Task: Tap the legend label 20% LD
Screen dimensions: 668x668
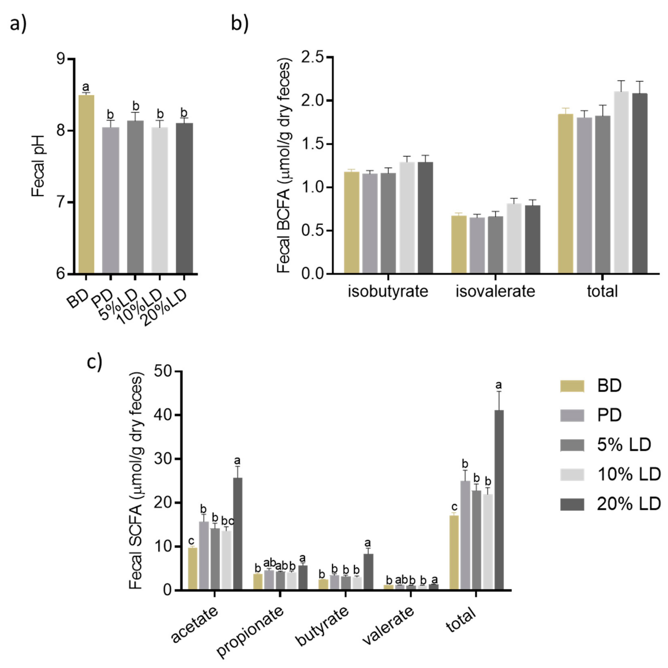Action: (629, 505)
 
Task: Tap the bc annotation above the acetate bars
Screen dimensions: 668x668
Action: (228, 521)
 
